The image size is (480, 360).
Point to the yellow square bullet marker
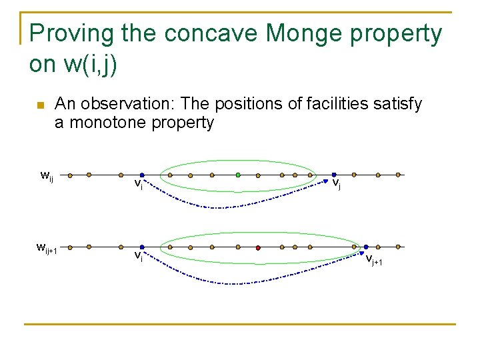(x=40, y=105)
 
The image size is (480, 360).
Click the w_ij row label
(x=47, y=176)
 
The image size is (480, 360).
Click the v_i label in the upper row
(x=138, y=184)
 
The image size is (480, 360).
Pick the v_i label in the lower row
(x=138, y=255)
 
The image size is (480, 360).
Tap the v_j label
(x=337, y=183)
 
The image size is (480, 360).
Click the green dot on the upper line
(x=238, y=175)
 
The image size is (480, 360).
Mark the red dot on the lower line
(x=258, y=247)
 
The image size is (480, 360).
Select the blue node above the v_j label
(x=334, y=175)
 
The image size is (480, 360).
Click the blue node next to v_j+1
(x=366, y=247)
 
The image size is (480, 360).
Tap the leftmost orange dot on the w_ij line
(x=89, y=175)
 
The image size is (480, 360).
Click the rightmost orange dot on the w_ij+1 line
(x=398, y=247)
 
